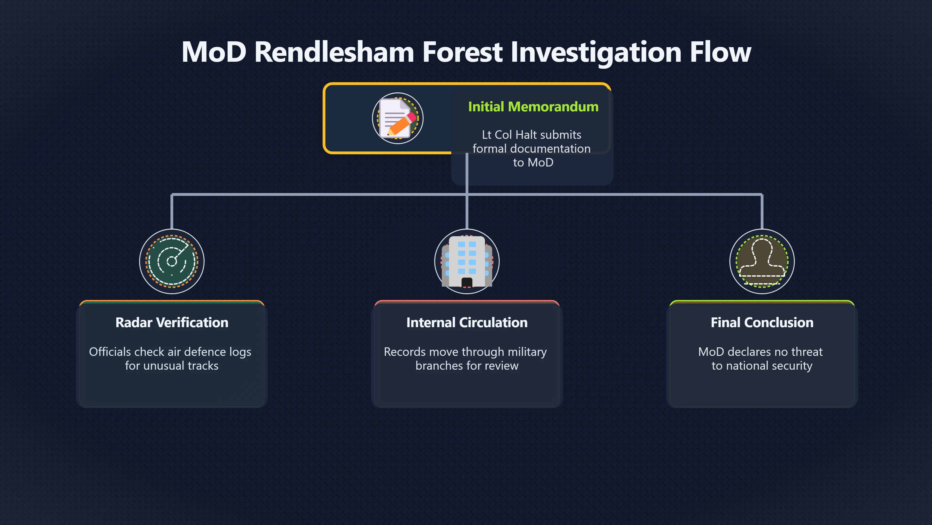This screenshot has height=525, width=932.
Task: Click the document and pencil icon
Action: click(x=398, y=118)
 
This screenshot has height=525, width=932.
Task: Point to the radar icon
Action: click(x=172, y=261)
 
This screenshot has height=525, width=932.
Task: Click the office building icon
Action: click(x=467, y=261)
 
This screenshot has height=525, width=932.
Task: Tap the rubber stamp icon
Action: click(x=762, y=261)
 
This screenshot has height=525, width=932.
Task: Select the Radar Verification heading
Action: click(x=172, y=323)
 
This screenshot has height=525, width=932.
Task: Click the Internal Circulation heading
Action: click(x=467, y=323)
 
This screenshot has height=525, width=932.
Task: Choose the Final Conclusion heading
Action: click(x=762, y=323)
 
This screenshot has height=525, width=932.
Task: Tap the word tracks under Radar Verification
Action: click(x=203, y=366)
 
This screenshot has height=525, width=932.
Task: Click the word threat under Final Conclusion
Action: click(x=807, y=352)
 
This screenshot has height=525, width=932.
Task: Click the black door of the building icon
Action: click(x=467, y=282)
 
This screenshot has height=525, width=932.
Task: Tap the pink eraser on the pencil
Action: click(x=412, y=117)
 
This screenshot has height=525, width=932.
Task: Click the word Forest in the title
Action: click(x=462, y=52)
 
